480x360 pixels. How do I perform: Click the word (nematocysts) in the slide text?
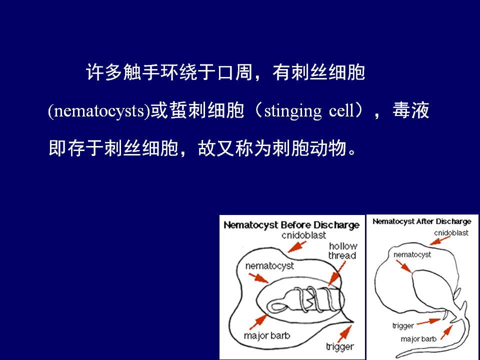click(99, 111)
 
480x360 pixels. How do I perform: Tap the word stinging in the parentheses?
click(293, 111)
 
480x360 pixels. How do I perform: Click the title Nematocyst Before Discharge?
click(291, 225)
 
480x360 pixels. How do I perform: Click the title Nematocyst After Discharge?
click(422, 221)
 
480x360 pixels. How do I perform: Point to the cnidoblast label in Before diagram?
click(303, 235)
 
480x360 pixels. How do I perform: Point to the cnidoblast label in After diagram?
click(451, 233)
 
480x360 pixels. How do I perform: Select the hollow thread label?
click(342, 250)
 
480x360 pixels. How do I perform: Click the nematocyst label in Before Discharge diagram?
click(269, 266)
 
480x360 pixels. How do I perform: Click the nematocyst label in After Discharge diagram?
click(412, 254)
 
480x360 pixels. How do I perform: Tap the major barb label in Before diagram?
click(267, 336)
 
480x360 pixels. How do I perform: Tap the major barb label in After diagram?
click(418, 339)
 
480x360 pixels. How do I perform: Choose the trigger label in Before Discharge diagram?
click(340, 347)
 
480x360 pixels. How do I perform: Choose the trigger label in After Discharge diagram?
click(403, 325)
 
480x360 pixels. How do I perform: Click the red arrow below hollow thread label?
click(336, 273)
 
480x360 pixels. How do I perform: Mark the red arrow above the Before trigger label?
click(345, 333)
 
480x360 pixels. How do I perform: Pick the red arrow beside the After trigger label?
click(428, 321)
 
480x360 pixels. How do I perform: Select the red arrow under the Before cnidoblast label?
click(296, 246)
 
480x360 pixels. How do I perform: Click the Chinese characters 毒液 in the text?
click(411, 110)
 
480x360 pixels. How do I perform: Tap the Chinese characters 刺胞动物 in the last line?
click(309, 148)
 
